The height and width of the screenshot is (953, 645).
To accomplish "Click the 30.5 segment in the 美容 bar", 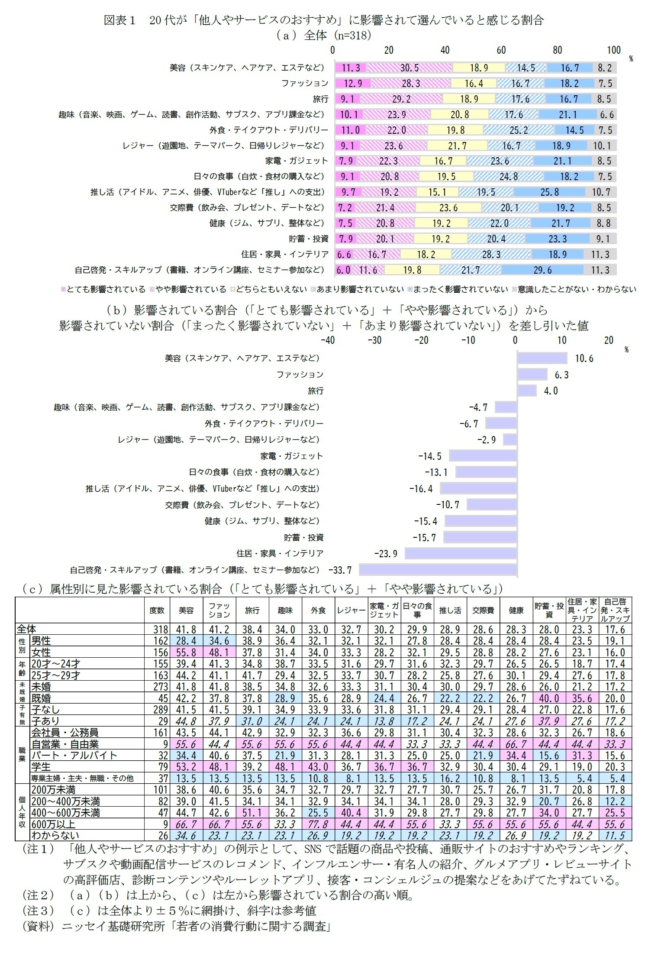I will pyautogui.click(x=409, y=68).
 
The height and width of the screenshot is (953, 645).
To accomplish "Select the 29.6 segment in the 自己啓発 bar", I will pyautogui.click(x=542, y=270).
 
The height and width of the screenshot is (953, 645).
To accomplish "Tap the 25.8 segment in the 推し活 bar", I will pyautogui.click(x=549, y=192).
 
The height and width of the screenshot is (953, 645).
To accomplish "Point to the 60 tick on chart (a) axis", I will pyautogui.click(x=501, y=50).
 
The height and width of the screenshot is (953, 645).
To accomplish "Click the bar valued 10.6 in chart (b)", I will pyautogui.click(x=542, y=358).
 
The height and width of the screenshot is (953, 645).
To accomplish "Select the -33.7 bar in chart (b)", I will pyautogui.click(x=438, y=570).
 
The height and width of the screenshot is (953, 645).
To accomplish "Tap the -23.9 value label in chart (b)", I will pyautogui.click(x=385, y=554).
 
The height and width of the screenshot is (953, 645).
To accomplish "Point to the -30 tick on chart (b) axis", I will pyautogui.click(x=374, y=340).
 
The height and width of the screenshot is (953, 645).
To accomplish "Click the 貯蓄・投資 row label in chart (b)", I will pyautogui.click(x=303, y=537).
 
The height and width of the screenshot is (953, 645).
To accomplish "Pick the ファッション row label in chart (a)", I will pyautogui.click(x=305, y=83).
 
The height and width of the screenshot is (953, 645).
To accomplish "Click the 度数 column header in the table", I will pyautogui.click(x=157, y=610).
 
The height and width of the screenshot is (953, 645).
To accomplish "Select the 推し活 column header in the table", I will pyautogui.click(x=450, y=610).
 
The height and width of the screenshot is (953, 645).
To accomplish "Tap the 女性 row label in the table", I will pyautogui.click(x=41, y=653).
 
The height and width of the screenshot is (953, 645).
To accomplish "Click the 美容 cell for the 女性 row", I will pyautogui.click(x=186, y=653).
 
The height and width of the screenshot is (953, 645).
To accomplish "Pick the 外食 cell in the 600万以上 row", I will pyautogui.click(x=318, y=824).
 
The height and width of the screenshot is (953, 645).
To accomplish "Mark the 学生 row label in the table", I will pyautogui.click(x=41, y=767).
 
